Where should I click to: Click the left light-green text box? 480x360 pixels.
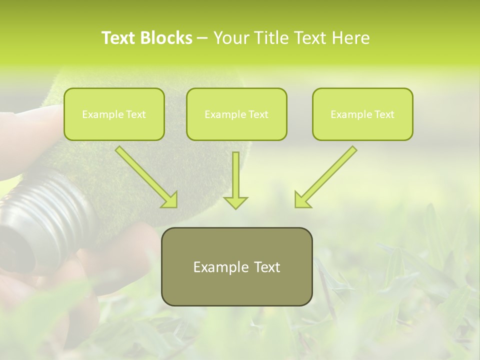[x=114, y=114]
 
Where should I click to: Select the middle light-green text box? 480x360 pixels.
[x=236, y=114]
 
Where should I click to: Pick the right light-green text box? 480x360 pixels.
[x=362, y=114]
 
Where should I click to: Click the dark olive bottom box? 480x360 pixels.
[x=236, y=266]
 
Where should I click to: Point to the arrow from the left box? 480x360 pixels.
[x=145, y=175]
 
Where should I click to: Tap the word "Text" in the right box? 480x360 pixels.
[x=384, y=114]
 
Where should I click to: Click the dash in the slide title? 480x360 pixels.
[x=202, y=38]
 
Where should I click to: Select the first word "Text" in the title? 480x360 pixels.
[x=119, y=38]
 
